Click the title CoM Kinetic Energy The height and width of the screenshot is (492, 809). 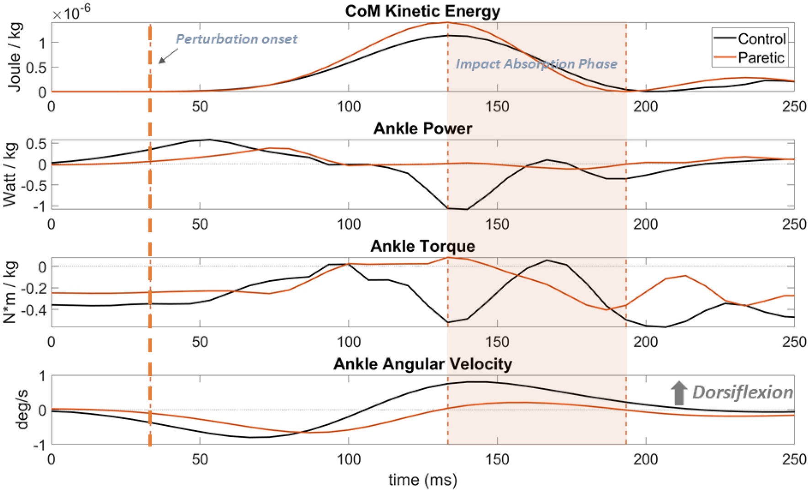422,11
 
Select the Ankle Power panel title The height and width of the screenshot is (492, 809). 422,128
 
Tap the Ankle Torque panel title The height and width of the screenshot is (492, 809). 422,246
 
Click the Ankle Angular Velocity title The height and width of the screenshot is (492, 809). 422,364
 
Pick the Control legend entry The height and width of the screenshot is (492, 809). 761,39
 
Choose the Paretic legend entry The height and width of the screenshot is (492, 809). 761,58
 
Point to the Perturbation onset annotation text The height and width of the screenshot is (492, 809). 236,39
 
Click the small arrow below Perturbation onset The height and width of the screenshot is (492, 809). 168,56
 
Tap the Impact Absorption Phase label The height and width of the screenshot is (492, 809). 536,64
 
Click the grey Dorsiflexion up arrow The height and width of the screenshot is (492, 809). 679,393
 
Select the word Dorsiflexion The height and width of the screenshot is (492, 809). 742,392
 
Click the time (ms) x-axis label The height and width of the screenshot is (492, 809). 422,480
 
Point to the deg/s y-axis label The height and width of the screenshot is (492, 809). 21,409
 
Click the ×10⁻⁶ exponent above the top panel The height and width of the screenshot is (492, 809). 71,12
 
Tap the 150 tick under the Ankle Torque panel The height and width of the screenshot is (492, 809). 497,342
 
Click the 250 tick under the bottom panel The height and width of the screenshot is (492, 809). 794,459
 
